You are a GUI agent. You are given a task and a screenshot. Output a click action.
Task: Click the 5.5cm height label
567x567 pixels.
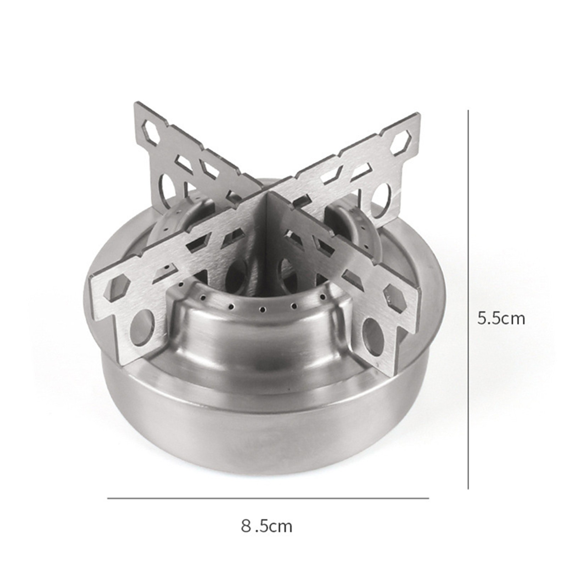click(x=501, y=319)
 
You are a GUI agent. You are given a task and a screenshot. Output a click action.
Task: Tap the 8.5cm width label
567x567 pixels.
click(x=266, y=526)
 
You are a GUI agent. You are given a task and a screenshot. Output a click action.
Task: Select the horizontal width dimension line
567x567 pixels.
click(x=268, y=498)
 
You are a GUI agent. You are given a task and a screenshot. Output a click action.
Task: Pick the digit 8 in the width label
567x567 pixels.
click(x=246, y=526)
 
